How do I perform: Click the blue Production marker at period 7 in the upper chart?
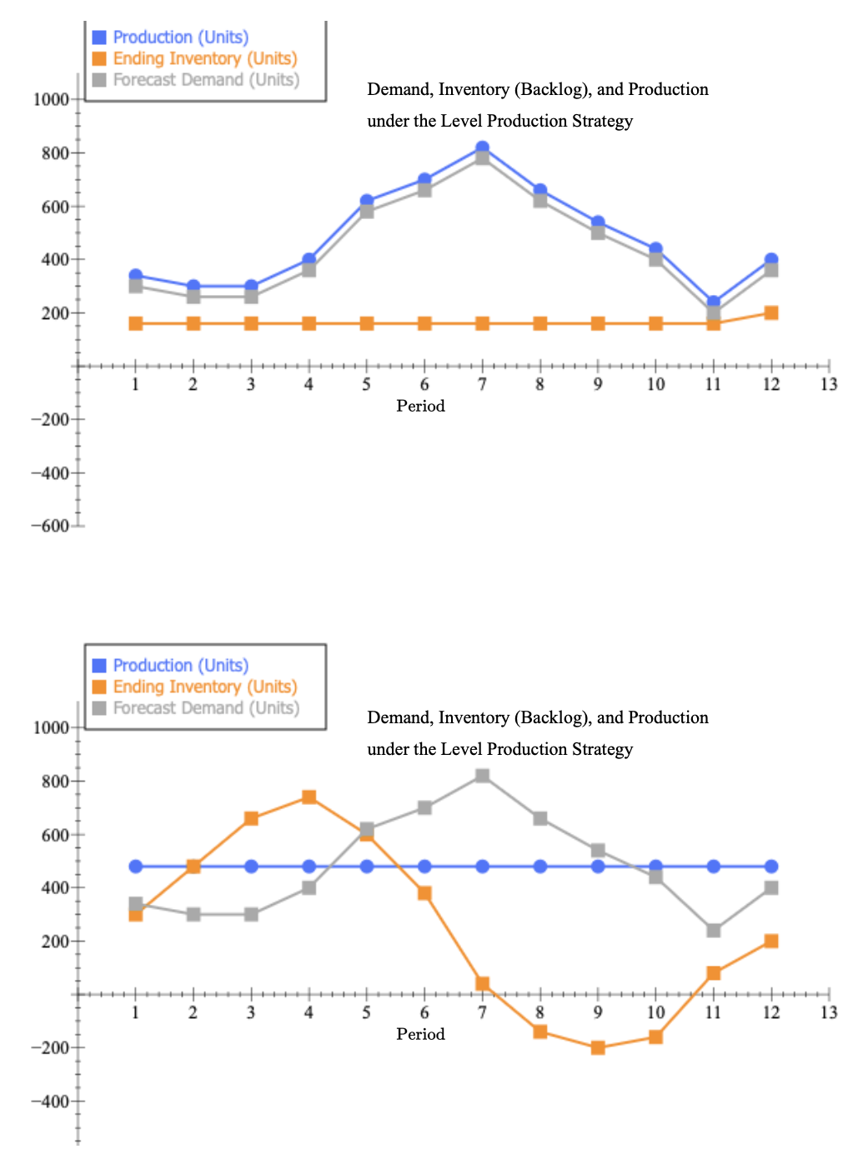coord(482,147)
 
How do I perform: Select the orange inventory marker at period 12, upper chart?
coord(770,312)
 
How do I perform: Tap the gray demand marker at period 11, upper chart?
coord(713,313)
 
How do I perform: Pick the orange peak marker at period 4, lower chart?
coord(309,797)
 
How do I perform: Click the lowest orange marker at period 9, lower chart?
coord(598,1047)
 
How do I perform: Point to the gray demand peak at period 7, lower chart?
coord(482,776)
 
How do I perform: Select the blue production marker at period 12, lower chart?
coord(770,867)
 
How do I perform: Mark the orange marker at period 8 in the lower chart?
coord(539,1032)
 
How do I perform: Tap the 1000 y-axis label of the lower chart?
coord(51,727)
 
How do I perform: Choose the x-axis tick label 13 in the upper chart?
coord(828,384)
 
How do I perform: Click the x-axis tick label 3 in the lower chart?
coord(251,1012)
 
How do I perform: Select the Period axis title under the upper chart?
coord(420,406)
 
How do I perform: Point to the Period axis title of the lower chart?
coord(420,1034)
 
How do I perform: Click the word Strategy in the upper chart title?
coord(602,121)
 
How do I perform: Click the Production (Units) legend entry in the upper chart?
coord(180,37)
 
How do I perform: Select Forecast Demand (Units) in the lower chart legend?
coord(206,707)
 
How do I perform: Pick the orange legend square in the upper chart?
coord(99,58)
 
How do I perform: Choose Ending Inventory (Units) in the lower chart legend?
coord(205,687)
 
